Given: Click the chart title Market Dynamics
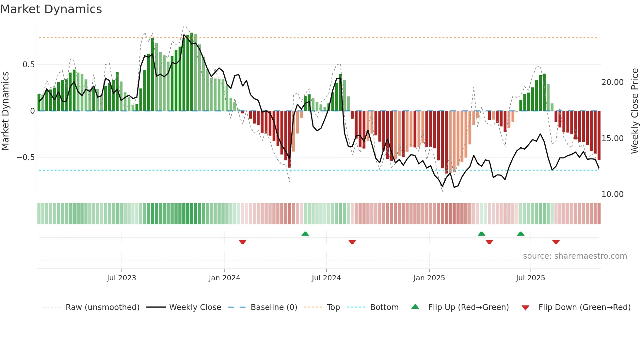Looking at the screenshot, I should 51,9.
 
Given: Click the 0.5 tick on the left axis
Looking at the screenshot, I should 29,65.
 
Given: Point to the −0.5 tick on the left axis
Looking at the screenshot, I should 26,157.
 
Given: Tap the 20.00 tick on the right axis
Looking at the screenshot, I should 612,82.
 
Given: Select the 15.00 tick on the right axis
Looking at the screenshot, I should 612,139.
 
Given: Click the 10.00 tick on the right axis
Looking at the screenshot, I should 612,194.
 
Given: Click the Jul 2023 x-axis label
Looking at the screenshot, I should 121,278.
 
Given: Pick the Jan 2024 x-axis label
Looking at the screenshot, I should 224,278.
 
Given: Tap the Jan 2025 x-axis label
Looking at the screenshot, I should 429,278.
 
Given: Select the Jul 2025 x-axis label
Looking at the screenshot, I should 530,278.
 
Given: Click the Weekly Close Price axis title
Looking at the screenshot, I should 634,111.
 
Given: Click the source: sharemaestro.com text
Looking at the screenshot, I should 575,256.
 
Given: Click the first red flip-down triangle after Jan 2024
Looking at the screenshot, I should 242,242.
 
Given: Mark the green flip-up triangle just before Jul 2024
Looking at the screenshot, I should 305,234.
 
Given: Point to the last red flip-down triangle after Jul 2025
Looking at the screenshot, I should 556,242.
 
